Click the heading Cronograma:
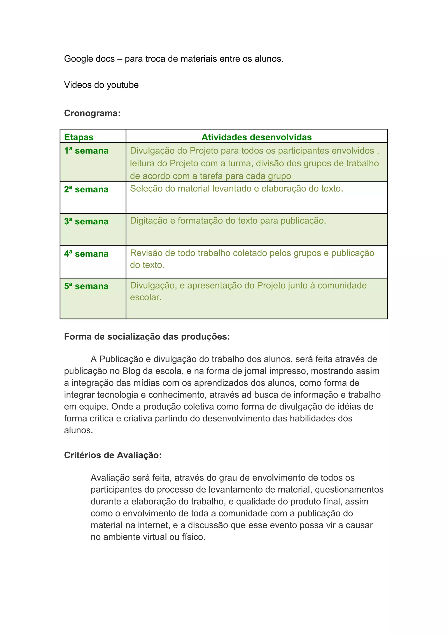click(x=92, y=113)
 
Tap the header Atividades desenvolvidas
click(x=256, y=137)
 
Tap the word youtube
click(x=122, y=85)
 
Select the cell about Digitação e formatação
click(x=228, y=221)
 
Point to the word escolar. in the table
click(x=146, y=297)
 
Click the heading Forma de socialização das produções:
click(x=147, y=337)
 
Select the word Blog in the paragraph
click(x=131, y=371)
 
